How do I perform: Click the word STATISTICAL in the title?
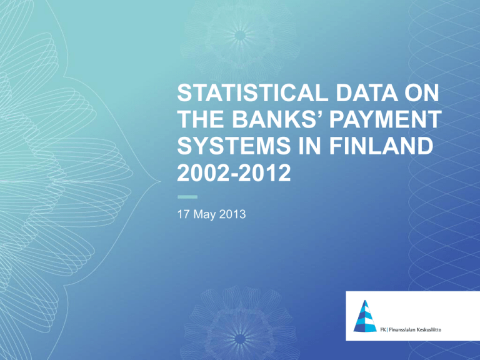click(252, 92)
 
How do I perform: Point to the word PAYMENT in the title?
click(386, 119)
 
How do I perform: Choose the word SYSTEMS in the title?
click(234, 146)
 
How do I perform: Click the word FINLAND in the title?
click(381, 146)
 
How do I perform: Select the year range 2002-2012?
click(234, 172)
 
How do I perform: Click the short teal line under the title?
click(187, 197)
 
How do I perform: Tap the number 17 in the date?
click(184, 214)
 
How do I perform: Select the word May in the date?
click(204, 215)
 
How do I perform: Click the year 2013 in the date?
click(232, 214)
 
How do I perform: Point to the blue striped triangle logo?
click(365, 316)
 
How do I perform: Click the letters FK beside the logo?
click(383, 330)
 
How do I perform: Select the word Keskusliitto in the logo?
click(429, 330)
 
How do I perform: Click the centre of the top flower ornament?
click(240, 36)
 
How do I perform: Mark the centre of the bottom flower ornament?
click(240, 339)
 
